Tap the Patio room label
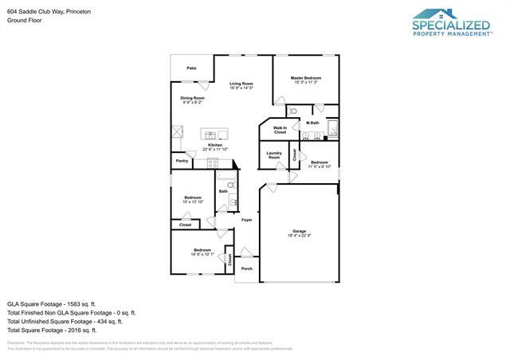[191, 68]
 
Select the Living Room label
[241, 84]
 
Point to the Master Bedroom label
[306, 77]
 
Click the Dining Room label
[193, 98]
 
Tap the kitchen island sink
[214, 134]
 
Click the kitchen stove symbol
[213, 162]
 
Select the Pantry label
[182, 162]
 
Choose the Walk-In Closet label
[280, 129]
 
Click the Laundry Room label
[273, 155]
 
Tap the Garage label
[299, 231]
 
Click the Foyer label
[247, 220]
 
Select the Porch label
[246, 268]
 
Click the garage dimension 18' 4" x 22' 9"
[299, 236]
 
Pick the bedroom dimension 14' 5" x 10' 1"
[202, 255]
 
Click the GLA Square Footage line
[52, 303]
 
